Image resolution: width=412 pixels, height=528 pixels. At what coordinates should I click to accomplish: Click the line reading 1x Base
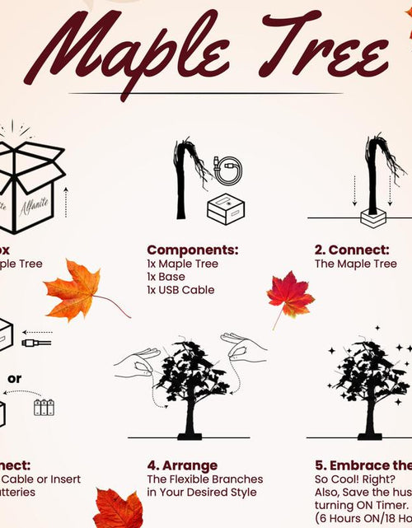[x=166, y=277]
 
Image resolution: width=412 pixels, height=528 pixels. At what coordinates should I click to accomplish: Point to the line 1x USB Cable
[x=180, y=290]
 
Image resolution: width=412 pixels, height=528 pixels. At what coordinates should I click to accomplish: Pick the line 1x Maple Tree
[x=183, y=264]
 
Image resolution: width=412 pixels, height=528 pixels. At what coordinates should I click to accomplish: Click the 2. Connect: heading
[x=352, y=250]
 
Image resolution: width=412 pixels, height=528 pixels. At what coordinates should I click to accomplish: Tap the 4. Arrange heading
[x=182, y=465]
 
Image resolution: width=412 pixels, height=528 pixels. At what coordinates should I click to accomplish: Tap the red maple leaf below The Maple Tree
[x=289, y=298]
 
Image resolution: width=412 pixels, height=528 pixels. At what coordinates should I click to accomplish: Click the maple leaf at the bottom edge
[x=119, y=509]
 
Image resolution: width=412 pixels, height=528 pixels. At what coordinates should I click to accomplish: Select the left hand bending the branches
[x=136, y=362]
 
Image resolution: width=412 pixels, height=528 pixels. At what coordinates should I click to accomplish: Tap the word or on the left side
[x=15, y=379]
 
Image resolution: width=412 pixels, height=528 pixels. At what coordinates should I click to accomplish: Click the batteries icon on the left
[x=43, y=407]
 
